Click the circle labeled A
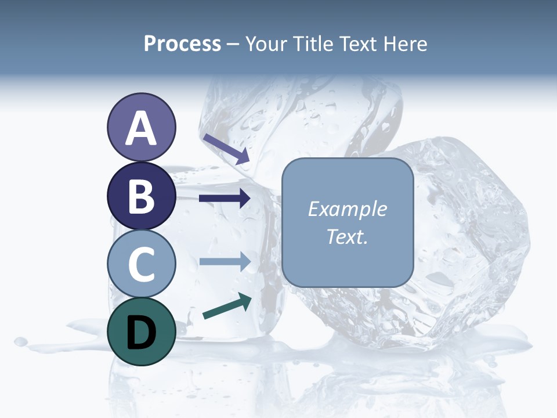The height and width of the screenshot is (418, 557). pyautogui.click(x=141, y=128)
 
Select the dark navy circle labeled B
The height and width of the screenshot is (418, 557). pyautogui.click(x=141, y=196)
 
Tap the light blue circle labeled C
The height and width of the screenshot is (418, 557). pyautogui.click(x=141, y=264)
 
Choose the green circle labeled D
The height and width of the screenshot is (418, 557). pyautogui.click(x=141, y=331)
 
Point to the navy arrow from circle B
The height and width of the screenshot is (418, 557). pyautogui.click(x=225, y=198)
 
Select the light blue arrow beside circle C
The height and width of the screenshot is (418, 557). pyautogui.click(x=225, y=261)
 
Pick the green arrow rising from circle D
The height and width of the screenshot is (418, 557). pyautogui.click(x=227, y=306)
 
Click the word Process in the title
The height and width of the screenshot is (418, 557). pyautogui.click(x=182, y=44)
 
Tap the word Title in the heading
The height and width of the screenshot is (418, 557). pyautogui.click(x=309, y=44)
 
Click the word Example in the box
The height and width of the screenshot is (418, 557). pyautogui.click(x=347, y=209)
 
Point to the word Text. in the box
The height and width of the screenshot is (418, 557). pyautogui.click(x=347, y=237)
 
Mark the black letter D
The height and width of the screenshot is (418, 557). pyautogui.click(x=141, y=333)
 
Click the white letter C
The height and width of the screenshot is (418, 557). pyautogui.click(x=141, y=265)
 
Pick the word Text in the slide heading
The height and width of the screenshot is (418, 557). pyautogui.click(x=356, y=44)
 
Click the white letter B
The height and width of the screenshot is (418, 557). pyautogui.click(x=141, y=197)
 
